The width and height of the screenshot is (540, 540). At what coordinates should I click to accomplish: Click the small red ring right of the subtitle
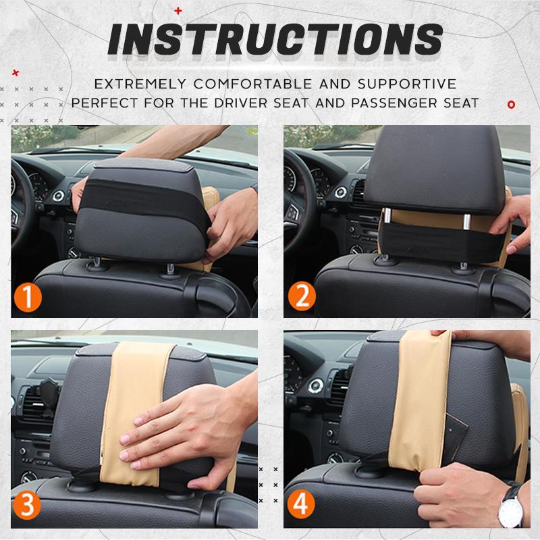coord(511,105)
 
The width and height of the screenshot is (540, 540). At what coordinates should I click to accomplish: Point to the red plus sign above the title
coord(178,11)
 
